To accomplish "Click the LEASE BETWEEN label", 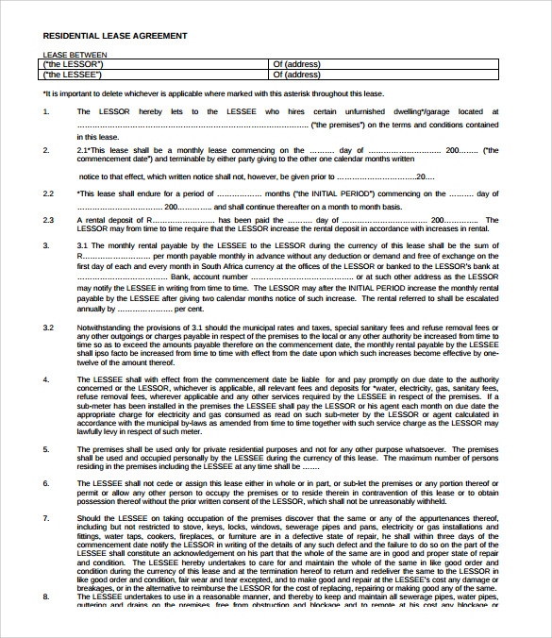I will click(x=75, y=55).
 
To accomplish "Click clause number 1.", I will click(x=46, y=111).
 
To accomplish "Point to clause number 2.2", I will click(x=48, y=193).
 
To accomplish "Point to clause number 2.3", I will click(x=48, y=219).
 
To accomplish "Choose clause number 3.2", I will click(x=48, y=327).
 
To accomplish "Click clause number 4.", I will click(x=46, y=378).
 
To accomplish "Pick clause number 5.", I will click(x=46, y=449).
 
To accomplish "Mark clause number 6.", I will click(x=46, y=483).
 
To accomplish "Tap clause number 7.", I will click(x=46, y=518).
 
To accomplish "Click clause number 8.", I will click(x=46, y=596).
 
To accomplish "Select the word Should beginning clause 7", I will click(x=88, y=518).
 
